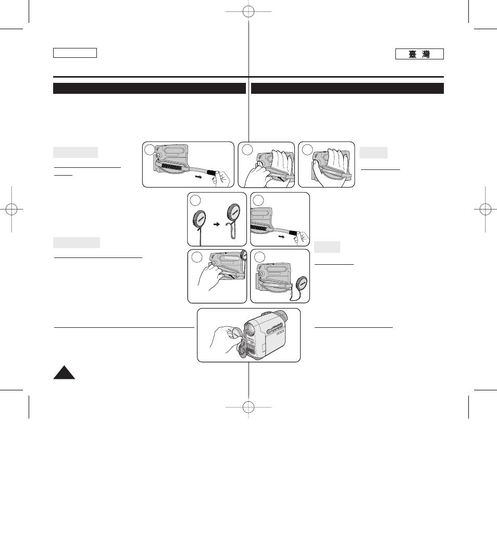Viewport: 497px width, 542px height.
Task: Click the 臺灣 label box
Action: pos(419,54)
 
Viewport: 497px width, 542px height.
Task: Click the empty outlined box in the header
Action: pos(75,53)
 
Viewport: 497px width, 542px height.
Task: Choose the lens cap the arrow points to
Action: pos(233,215)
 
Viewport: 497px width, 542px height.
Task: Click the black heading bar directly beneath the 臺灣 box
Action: pos(347,88)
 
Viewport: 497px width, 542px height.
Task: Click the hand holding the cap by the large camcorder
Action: pos(221,336)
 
